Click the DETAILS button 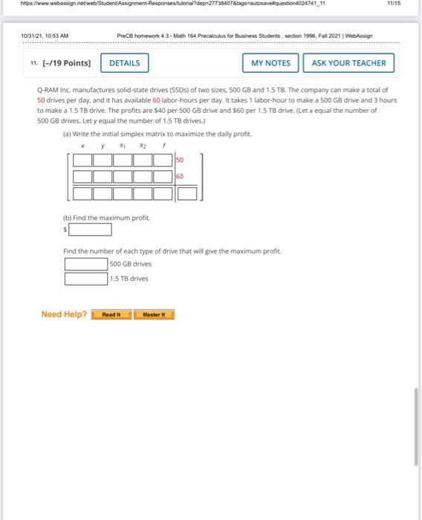pyautogui.click(x=124, y=63)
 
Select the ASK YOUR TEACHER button pyautogui.click(x=348, y=63)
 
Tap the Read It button pyautogui.click(x=111, y=314)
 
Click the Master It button pyautogui.click(x=153, y=314)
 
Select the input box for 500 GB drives pyautogui.click(x=85, y=264)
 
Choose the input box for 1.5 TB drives pyautogui.click(x=85, y=279)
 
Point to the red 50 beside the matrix pyautogui.click(x=180, y=160)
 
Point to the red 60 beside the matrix pyautogui.click(x=180, y=177)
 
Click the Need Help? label pyautogui.click(x=64, y=314)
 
